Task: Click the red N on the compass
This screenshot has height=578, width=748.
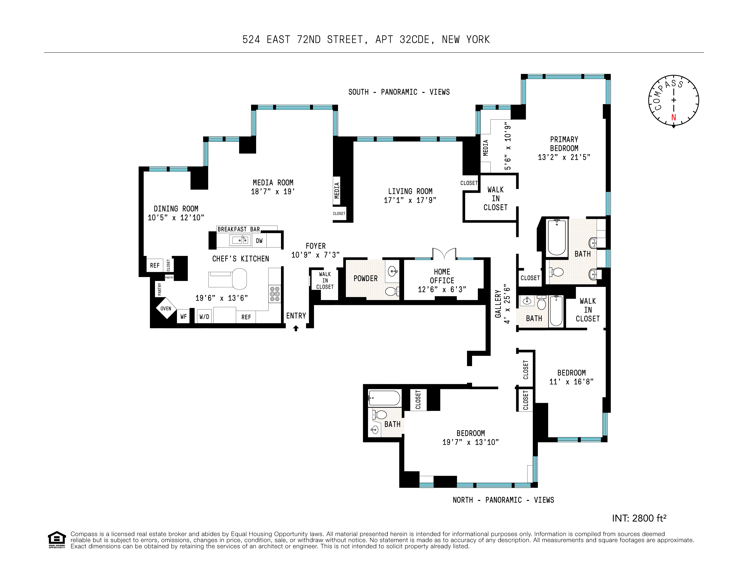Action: [673, 117]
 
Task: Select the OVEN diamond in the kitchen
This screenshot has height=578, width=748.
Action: [166, 309]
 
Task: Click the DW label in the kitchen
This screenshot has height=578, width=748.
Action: [259, 241]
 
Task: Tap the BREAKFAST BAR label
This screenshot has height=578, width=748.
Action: [239, 229]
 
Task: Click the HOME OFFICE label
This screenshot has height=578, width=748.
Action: [442, 276]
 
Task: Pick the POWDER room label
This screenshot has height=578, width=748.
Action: [365, 278]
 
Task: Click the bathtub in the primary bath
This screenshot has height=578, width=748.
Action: [557, 237]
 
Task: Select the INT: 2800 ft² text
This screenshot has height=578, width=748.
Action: [639, 518]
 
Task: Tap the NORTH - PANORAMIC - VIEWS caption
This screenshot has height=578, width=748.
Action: [503, 500]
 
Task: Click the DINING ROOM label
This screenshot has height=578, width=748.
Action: [176, 209]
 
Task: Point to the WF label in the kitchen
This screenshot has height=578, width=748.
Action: [184, 317]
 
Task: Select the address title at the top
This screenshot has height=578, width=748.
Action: [366, 40]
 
